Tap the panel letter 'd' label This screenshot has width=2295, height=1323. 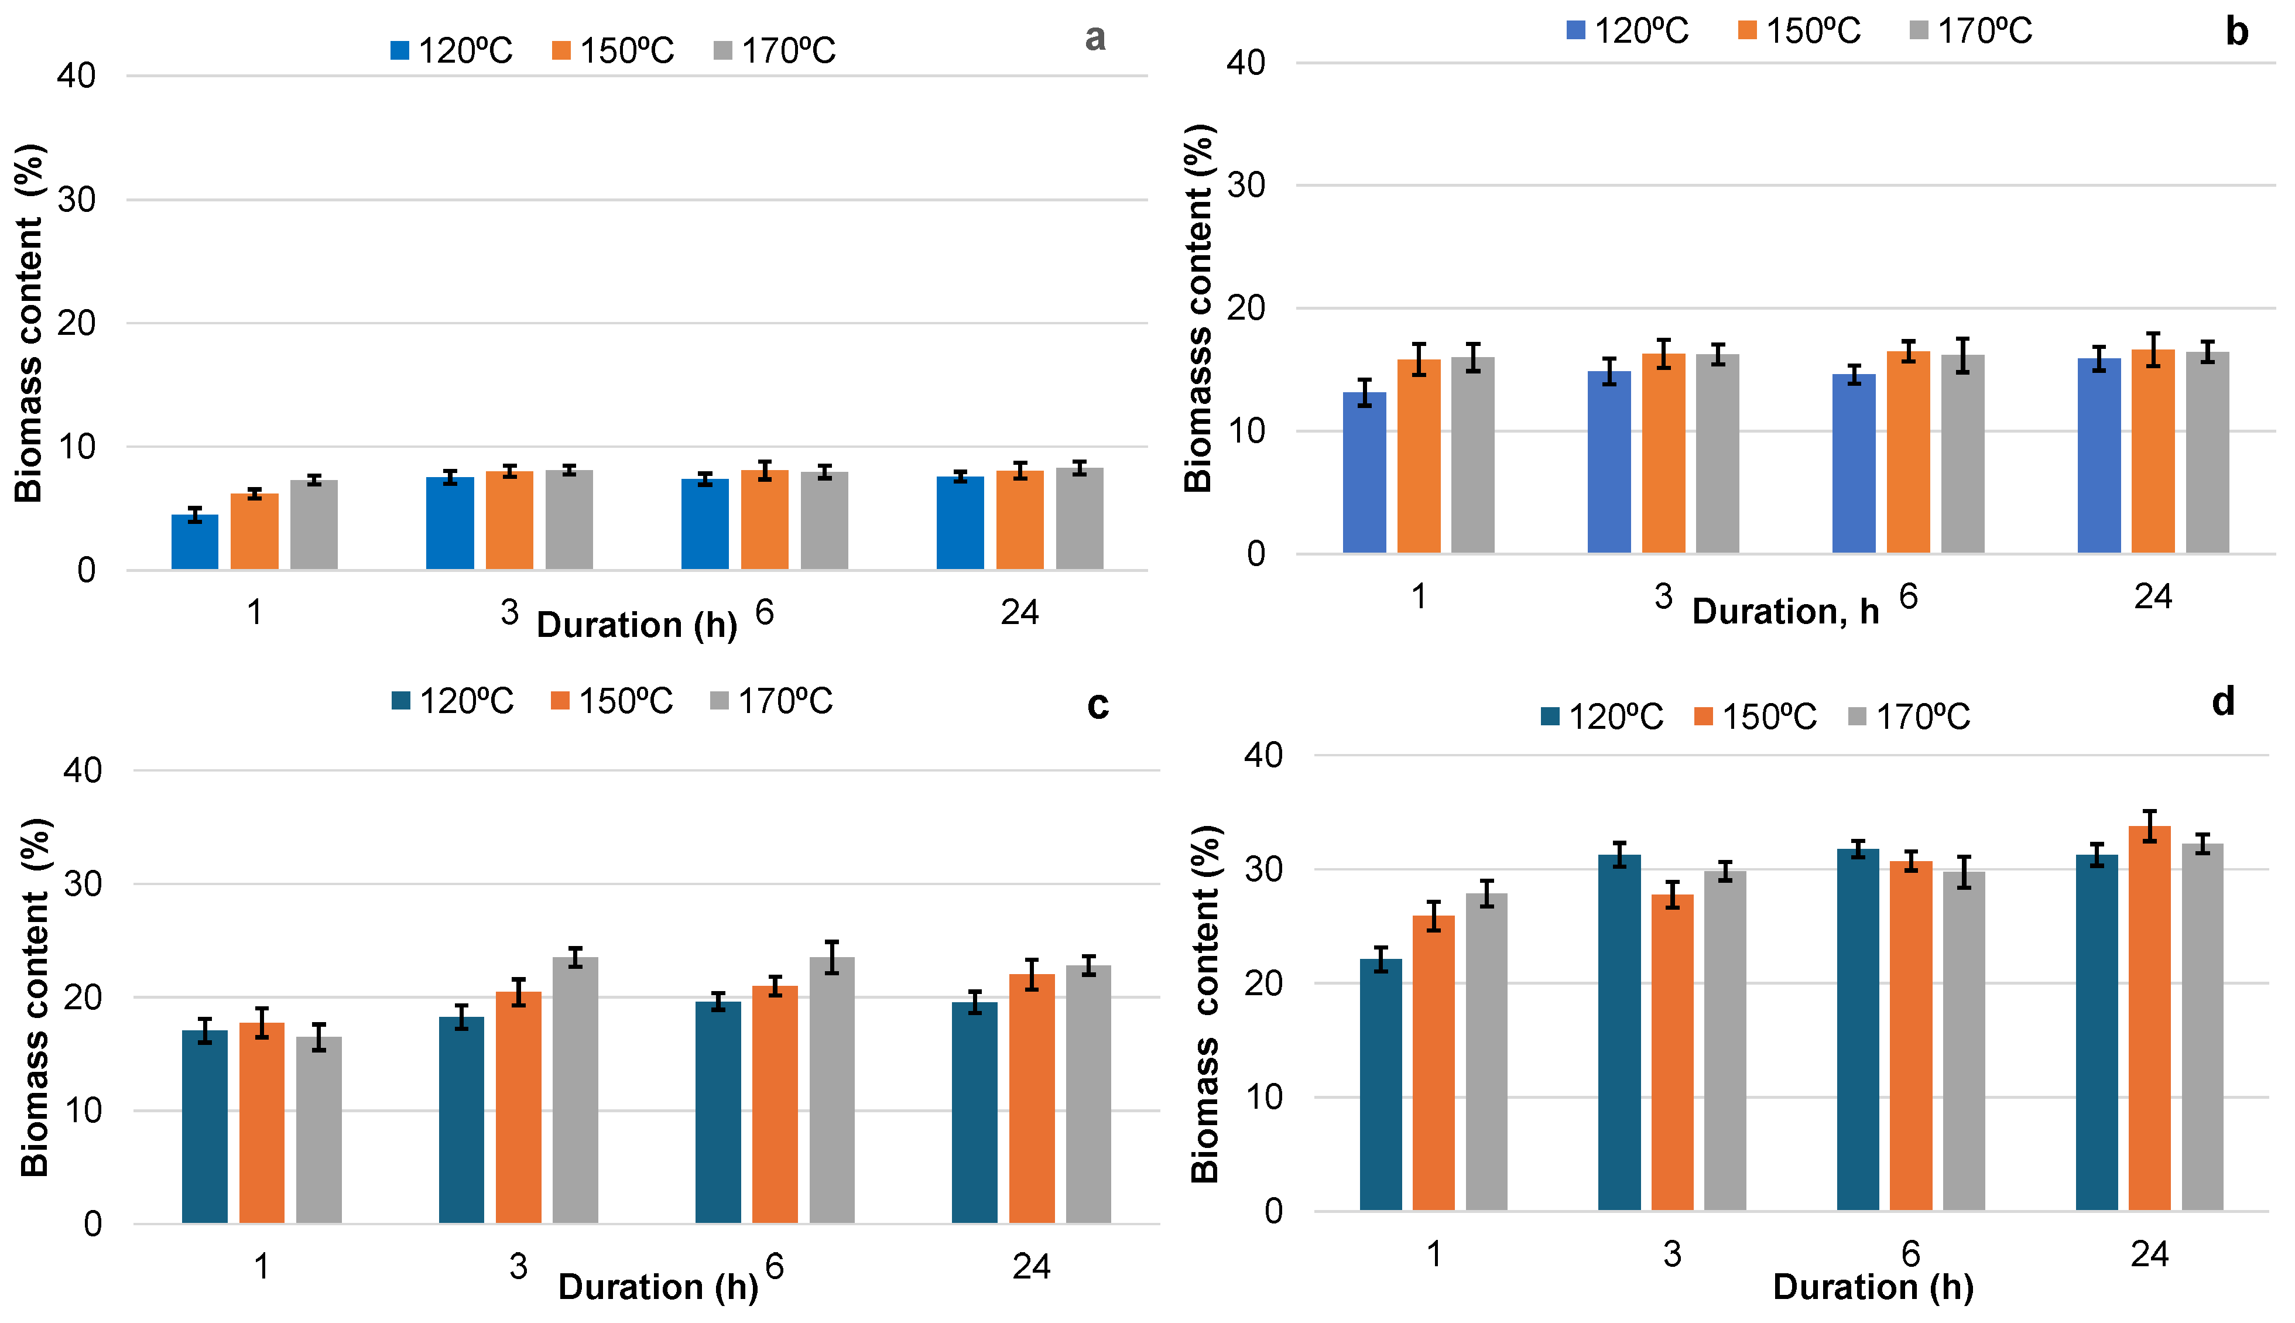click(2223, 702)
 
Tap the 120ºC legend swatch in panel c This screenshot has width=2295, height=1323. click(400, 701)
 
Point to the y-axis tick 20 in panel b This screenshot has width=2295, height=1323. click(1246, 308)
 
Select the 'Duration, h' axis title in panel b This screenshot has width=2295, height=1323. click(1785, 612)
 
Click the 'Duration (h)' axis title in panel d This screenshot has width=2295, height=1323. click(1873, 1287)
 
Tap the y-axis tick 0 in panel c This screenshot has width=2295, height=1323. click(92, 1225)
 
